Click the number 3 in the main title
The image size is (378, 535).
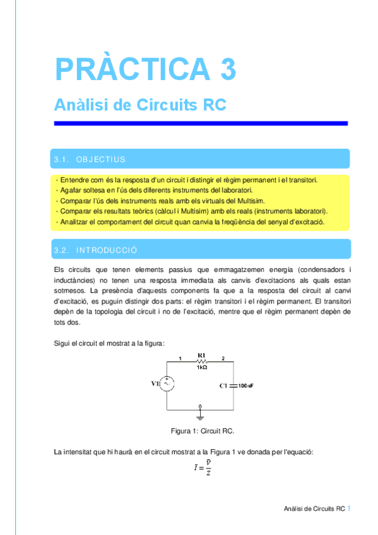(x=228, y=69)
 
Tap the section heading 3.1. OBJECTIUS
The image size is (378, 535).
(x=90, y=159)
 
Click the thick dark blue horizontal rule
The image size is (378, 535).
(x=201, y=123)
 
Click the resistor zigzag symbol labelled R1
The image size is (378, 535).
(x=202, y=361)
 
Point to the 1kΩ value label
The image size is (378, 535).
(x=202, y=368)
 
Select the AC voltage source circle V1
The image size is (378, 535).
(x=168, y=384)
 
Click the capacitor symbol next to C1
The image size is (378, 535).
(x=233, y=384)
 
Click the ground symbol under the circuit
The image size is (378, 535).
(x=201, y=413)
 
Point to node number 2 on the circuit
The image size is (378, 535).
(x=222, y=358)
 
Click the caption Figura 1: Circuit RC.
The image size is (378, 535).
(x=203, y=430)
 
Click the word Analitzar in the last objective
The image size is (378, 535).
(x=75, y=221)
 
